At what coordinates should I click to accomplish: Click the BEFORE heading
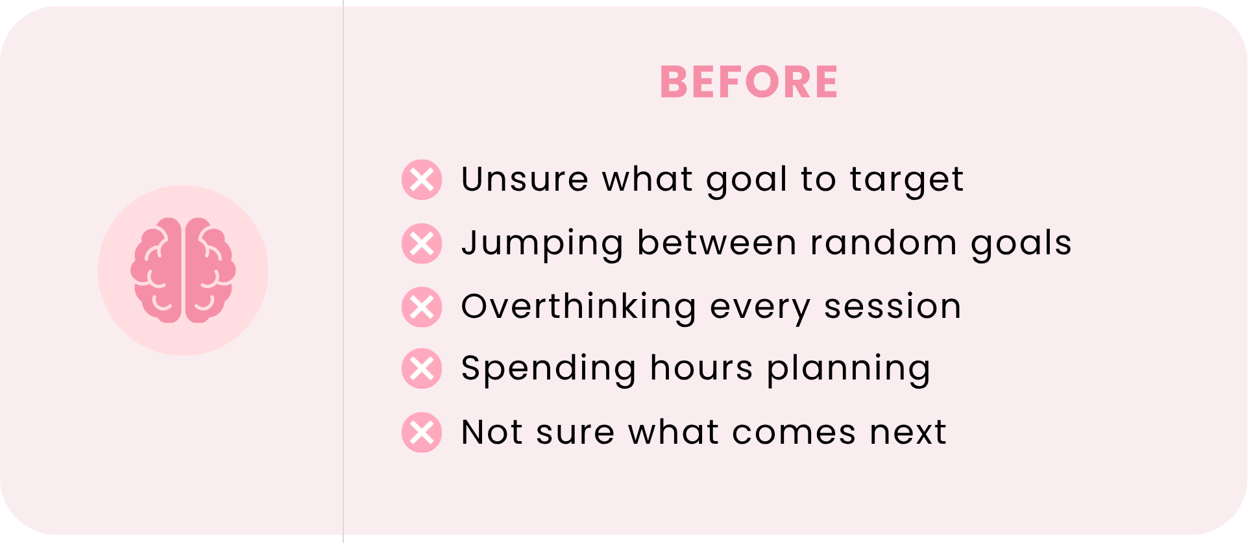point(749,82)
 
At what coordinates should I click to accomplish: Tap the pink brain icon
point(183,270)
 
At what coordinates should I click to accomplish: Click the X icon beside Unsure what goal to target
point(422,180)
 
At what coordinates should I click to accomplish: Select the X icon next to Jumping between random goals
point(422,243)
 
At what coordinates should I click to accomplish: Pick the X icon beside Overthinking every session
point(422,307)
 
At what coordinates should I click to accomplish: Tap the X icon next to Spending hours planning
point(422,368)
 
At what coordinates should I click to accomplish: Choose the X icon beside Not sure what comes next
point(422,432)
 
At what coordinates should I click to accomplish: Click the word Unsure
point(525,179)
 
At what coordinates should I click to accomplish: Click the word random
point(884,243)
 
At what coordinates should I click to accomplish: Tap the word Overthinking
point(579,308)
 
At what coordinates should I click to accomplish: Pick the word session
point(892,306)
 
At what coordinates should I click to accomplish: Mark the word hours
point(701,368)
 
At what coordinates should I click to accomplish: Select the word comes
point(794,433)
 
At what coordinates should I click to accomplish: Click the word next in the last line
point(908,433)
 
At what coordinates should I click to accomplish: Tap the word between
point(717,243)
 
